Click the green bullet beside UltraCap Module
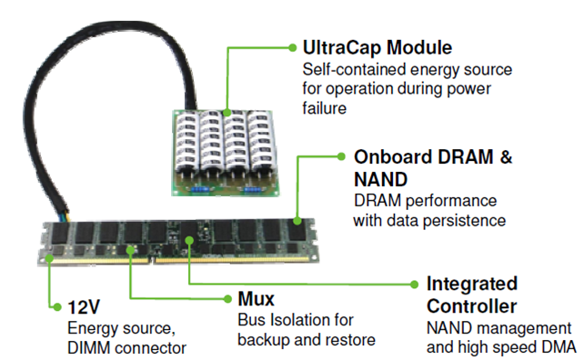coord(290,45)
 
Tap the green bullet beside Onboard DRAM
coord(342,155)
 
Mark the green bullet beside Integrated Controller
coord(414,283)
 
